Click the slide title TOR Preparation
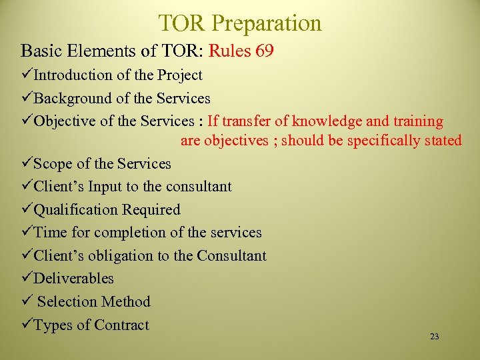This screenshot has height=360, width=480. click(x=240, y=23)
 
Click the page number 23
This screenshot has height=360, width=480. click(x=435, y=337)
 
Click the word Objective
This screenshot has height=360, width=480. click(x=64, y=121)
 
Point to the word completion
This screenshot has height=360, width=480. click(x=132, y=233)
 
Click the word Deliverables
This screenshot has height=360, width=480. click(x=73, y=279)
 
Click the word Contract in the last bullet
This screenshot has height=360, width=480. click(x=121, y=325)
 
